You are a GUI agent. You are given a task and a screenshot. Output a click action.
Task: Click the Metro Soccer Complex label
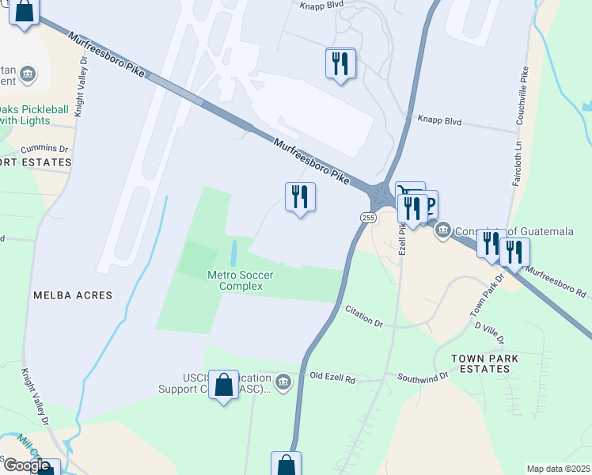click(240, 280)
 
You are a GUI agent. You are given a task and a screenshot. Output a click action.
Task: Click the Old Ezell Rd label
click(333, 378)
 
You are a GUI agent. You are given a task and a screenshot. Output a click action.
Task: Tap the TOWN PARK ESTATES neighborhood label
click(485, 363)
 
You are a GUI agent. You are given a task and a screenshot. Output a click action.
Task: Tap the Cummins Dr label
click(45, 149)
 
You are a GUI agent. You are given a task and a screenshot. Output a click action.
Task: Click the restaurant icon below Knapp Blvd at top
click(340, 63)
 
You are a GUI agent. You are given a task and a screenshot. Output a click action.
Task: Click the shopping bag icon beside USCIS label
click(224, 386)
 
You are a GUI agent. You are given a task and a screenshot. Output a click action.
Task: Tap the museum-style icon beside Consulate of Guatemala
click(442, 230)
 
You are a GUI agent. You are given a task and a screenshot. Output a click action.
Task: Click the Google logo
click(26, 465)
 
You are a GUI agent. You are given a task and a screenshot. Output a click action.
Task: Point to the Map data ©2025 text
click(558, 469)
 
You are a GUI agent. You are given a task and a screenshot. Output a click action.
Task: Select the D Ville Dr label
click(489, 332)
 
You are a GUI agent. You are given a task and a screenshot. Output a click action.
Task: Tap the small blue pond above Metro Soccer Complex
click(233, 253)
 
